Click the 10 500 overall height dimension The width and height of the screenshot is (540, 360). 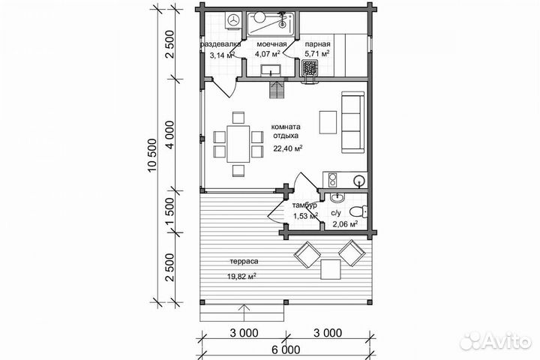[x=151, y=155]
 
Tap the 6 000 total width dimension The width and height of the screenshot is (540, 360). [x=286, y=350]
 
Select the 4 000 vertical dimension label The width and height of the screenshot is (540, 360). [x=169, y=135]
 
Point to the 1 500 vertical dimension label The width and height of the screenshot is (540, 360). [x=169, y=211]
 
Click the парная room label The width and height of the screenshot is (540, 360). [x=317, y=44]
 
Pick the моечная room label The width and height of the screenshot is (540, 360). [x=271, y=44]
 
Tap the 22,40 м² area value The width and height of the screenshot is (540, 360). [x=288, y=148]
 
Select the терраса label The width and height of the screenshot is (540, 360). [x=244, y=262]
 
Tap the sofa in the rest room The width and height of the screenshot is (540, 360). [x=352, y=122]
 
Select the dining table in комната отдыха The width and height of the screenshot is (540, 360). [x=238, y=144]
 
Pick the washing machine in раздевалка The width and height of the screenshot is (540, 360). [x=233, y=21]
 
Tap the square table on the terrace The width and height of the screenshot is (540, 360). [x=331, y=269]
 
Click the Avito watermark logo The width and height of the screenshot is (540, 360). [x=495, y=341]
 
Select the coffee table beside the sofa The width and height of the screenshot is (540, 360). [x=328, y=122]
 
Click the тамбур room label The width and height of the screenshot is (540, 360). [x=304, y=205]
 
